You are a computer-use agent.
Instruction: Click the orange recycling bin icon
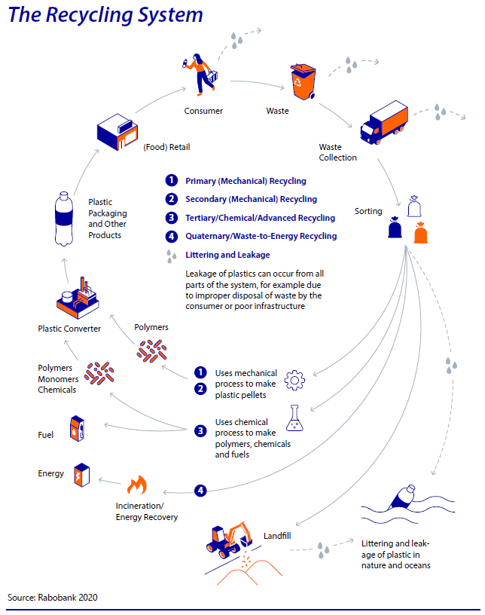point(303,81)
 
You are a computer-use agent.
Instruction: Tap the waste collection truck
point(384,123)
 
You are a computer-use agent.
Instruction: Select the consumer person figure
point(200,75)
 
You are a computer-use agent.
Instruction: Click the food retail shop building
point(117,132)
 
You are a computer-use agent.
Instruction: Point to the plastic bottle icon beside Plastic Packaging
point(64,219)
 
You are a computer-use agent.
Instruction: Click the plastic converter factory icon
point(78,298)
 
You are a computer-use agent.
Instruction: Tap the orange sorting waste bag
point(421,233)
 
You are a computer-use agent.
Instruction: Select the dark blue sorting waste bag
point(395,227)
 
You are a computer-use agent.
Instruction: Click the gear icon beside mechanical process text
point(294,380)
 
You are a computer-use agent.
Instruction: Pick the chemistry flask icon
point(294,418)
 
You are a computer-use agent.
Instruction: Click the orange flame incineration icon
point(137,485)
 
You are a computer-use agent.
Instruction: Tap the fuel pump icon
point(78,429)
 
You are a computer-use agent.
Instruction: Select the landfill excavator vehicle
point(230,540)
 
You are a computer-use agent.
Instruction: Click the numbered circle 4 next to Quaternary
point(172,236)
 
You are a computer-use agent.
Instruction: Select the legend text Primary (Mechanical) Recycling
point(246,181)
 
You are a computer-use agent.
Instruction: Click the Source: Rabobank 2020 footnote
point(53,598)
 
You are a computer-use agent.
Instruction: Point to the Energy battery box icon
point(82,475)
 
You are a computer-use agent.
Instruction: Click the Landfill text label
point(277,536)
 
